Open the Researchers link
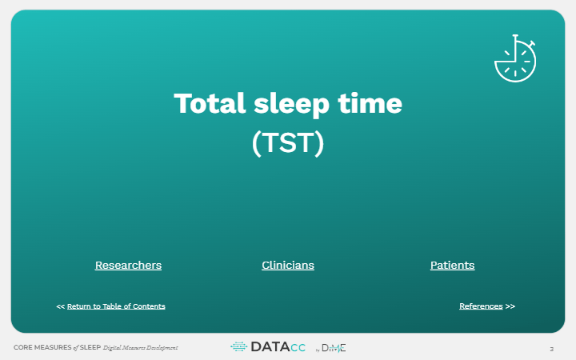click(128, 265)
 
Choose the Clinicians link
click(288, 265)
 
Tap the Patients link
click(452, 265)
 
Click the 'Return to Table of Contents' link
click(116, 306)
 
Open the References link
click(481, 306)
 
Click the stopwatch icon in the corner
click(515, 59)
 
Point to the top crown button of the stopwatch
click(515, 37)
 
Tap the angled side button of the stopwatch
click(532, 43)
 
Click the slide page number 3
click(551, 349)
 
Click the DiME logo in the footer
click(334, 347)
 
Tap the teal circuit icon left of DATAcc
click(238, 347)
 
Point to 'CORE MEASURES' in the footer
click(42, 348)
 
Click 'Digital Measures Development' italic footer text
click(140, 348)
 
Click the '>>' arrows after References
click(510, 306)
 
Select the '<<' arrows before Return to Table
click(60, 306)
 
